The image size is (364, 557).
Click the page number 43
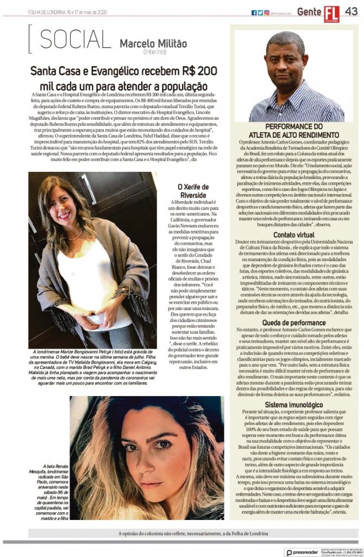[350, 11]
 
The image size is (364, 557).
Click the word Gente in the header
[309, 12]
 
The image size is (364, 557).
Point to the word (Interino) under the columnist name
[154, 52]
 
